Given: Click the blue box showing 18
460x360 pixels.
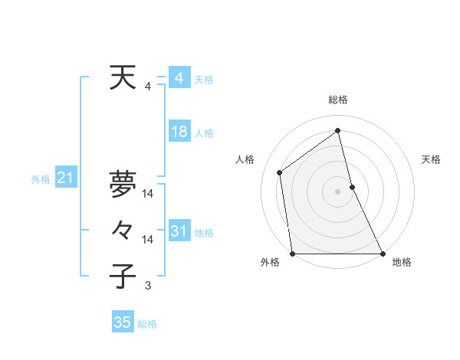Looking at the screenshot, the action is coord(179,132).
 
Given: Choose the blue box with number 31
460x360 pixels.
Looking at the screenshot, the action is coord(179,231).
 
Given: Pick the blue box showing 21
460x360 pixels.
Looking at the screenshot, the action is coord(65,178).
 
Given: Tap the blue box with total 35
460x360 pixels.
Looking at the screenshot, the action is coord(122,322).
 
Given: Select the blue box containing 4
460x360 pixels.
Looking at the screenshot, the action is coord(179,78).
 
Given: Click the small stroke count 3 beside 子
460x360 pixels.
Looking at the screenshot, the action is coord(148,286).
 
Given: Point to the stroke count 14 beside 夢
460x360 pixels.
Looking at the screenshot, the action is coord(148,193).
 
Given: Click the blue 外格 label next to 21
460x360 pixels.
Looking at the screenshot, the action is coord(41,179).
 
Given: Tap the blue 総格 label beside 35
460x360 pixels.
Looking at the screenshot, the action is coord(147,324).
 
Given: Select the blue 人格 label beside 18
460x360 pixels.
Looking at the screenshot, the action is coord(204,133).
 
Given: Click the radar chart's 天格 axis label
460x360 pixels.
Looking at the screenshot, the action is coord(431,159).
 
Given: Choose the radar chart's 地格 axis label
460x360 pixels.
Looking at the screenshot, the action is coord(402,262).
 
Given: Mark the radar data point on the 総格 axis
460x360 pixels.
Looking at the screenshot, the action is coord(337,130).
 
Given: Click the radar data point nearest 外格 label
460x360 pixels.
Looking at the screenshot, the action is coord(292,254).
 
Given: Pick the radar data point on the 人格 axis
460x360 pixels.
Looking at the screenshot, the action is coord(280,172).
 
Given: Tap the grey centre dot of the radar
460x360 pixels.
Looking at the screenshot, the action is coord(337,191).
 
